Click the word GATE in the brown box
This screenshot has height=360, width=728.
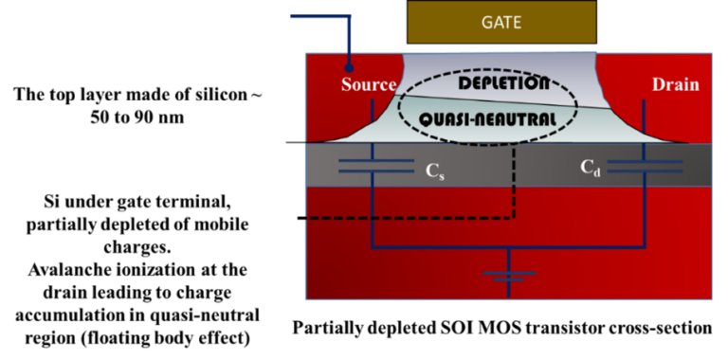pos(501,21)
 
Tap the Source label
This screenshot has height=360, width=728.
pos(368,85)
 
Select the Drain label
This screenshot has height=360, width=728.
pos(675,85)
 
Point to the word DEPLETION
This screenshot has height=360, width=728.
pos(503,83)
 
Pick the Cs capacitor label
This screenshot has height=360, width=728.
pos(433,171)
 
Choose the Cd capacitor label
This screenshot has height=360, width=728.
pos(591,168)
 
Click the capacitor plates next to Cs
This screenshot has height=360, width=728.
pos(375,167)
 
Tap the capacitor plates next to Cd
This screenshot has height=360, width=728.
pos(645,167)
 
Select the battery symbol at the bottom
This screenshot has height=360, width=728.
pos(510,277)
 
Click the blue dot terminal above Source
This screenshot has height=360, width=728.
pos(350,67)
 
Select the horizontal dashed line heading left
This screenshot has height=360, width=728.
pos(408,217)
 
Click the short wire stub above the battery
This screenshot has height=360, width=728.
pos(510,260)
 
